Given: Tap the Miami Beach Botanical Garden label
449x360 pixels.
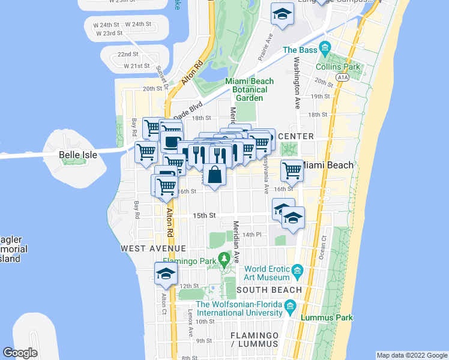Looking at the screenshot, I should click(x=249, y=89).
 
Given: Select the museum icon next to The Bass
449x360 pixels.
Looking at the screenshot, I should click(x=325, y=47).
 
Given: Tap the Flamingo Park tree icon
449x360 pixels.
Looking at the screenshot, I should click(x=224, y=260).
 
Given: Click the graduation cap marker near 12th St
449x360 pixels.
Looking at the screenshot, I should click(x=166, y=274).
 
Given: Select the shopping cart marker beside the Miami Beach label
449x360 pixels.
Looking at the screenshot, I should click(x=292, y=170).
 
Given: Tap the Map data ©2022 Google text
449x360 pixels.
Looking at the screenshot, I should click(x=412, y=355).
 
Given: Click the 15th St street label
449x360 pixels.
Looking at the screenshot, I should click(x=203, y=215).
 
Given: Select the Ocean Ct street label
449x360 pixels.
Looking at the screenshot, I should click(x=324, y=247).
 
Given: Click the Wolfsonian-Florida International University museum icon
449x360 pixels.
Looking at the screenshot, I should click(x=291, y=308).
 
